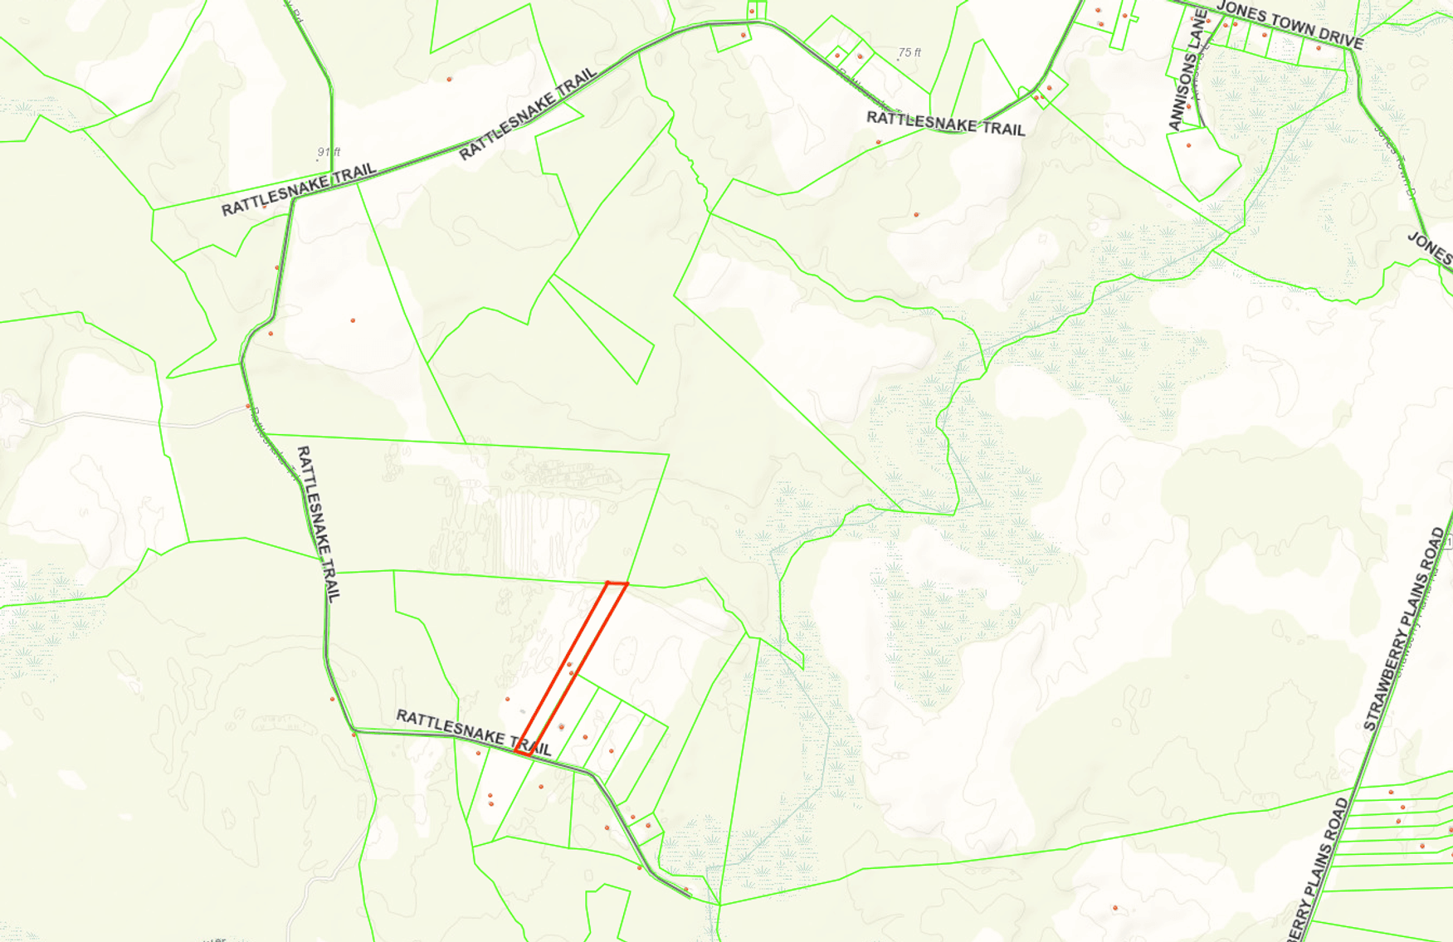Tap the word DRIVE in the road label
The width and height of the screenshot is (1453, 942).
[1336, 37]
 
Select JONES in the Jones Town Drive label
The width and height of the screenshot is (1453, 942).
[1239, 13]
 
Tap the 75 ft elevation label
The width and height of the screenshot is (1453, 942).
[909, 52]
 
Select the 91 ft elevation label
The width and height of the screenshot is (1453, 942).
[329, 152]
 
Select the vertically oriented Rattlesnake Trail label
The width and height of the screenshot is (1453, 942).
[319, 523]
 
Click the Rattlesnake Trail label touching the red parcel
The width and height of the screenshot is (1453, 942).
[473, 732]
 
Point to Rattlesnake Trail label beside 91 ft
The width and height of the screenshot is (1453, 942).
[299, 190]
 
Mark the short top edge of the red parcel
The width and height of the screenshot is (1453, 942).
[617, 583]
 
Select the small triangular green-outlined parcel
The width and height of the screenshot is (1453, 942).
[602, 329]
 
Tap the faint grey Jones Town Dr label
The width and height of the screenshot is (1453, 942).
[1396, 162]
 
